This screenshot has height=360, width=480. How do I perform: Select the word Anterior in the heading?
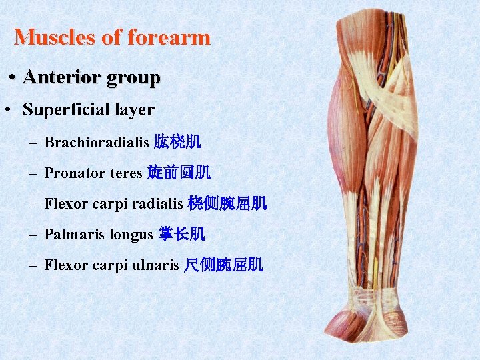60,77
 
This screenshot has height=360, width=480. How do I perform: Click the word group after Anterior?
131,79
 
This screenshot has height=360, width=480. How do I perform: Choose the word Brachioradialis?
97,142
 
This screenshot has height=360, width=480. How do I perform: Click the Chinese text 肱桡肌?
177,142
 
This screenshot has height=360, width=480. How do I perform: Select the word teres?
126,173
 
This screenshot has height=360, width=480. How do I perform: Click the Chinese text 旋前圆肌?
179,173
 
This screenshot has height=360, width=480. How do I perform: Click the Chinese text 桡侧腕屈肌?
227,204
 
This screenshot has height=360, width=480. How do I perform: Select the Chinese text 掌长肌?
181,235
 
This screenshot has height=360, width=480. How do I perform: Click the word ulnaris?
154,265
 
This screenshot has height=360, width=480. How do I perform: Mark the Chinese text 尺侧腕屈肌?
223,265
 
